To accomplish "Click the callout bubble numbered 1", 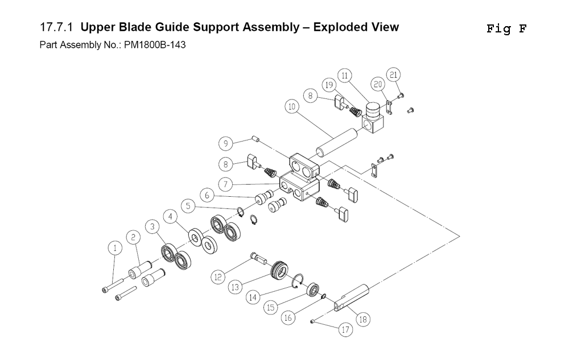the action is coord(115,249).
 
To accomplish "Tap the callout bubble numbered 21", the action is coord(393,75).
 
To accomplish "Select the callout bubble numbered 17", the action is coord(345,329).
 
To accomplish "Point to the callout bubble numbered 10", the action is coord(292,107).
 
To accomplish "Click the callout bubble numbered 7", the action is coord(225,184).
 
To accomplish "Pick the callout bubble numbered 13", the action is coord(235,287).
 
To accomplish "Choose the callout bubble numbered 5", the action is coord(188,206).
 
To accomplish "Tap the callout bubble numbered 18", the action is coord(363,320).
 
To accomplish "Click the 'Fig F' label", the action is coord(506,28).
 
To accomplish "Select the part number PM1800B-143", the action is coord(155,45).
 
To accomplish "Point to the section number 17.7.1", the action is coord(56,27).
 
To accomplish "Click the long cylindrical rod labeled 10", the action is coord(336,142).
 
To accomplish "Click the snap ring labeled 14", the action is coord(298,282).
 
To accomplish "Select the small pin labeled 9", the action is coord(255,139).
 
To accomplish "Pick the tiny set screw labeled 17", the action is coord(312,321).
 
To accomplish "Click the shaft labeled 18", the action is coord(351,299).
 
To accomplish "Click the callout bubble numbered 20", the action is coord(378,85).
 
